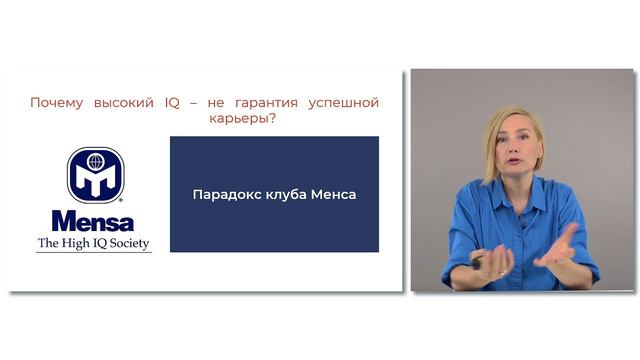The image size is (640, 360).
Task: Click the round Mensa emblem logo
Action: [x=94, y=175]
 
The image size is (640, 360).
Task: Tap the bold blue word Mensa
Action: [x=93, y=221]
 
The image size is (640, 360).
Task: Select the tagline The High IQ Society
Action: [x=94, y=243]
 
